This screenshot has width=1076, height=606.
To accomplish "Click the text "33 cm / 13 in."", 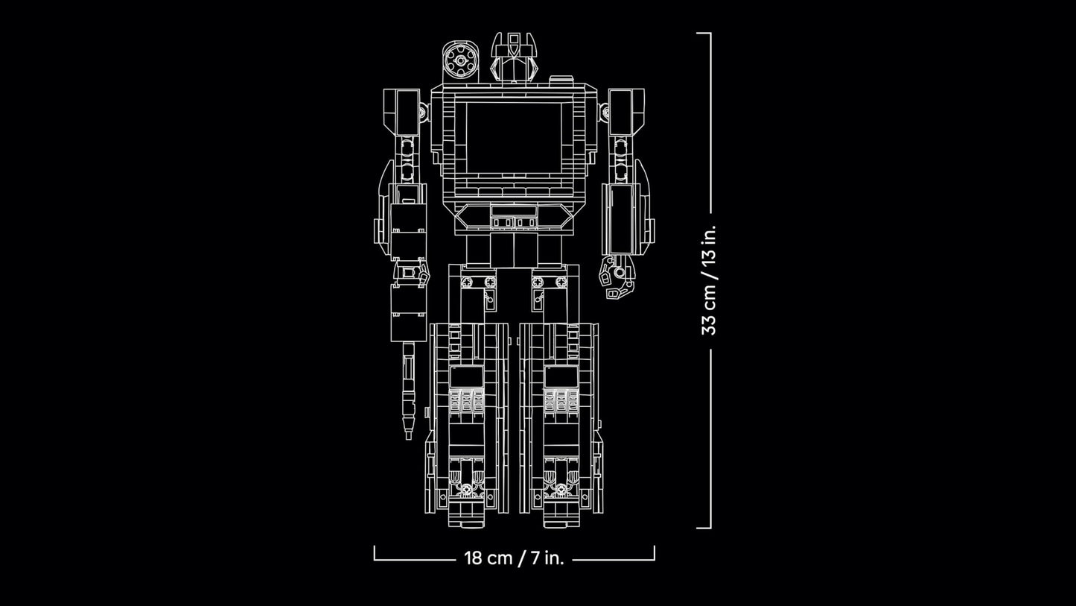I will click(x=709, y=280).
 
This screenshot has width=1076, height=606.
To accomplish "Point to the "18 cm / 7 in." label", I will click(x=514, y=558).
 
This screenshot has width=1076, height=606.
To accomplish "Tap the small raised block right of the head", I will click(x=561, y=80).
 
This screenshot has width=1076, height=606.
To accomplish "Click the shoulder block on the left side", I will click(x=401, y=111).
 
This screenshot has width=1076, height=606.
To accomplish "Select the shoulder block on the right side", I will click(x=626, y=111).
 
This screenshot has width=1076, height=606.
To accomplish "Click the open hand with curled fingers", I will click(x=617, y=279).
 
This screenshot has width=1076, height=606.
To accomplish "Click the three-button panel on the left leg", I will click(x=466, y=401).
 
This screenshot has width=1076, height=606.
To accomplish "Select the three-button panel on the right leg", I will click(x=561, y=401).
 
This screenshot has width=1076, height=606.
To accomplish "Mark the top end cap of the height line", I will click(x=704, y=34).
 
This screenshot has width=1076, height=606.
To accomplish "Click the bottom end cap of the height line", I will click(x=704, y=528).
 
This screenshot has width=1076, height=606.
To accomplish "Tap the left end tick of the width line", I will click(x=375, y=553).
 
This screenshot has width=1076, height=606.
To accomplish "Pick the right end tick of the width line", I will click(x=654, y=553).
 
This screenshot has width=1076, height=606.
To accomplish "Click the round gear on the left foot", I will click(x=467, y=490).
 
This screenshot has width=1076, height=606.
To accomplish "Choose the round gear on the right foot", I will click(x=561, y=490).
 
